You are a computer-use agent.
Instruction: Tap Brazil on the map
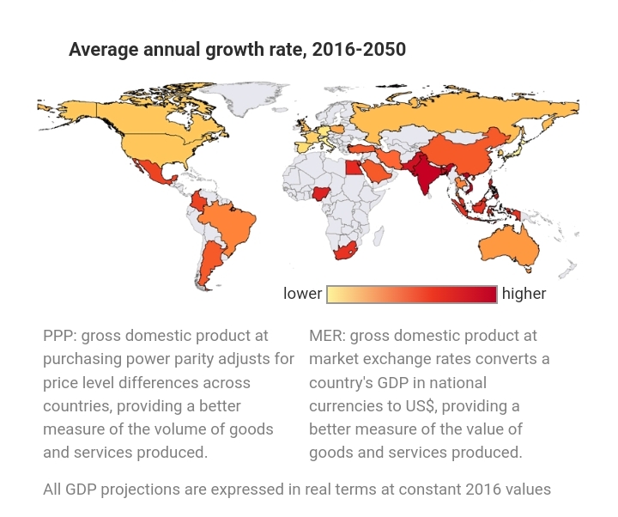(x=231, y=225)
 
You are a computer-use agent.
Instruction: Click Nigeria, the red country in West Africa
(x=320, y=193)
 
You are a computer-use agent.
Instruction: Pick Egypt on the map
(x=354, y=167)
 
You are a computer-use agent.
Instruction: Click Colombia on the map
(x=198, y=202)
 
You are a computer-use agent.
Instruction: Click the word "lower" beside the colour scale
(x=302, y=294)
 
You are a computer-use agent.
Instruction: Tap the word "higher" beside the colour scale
(x=524, y=294)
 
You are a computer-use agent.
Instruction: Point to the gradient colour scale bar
(x=412, y=295)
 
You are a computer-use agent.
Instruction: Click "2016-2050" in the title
(x=359, y=49)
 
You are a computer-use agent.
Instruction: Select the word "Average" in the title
(x=104, y=50)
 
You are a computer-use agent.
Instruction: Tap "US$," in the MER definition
(x=420, y=406)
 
